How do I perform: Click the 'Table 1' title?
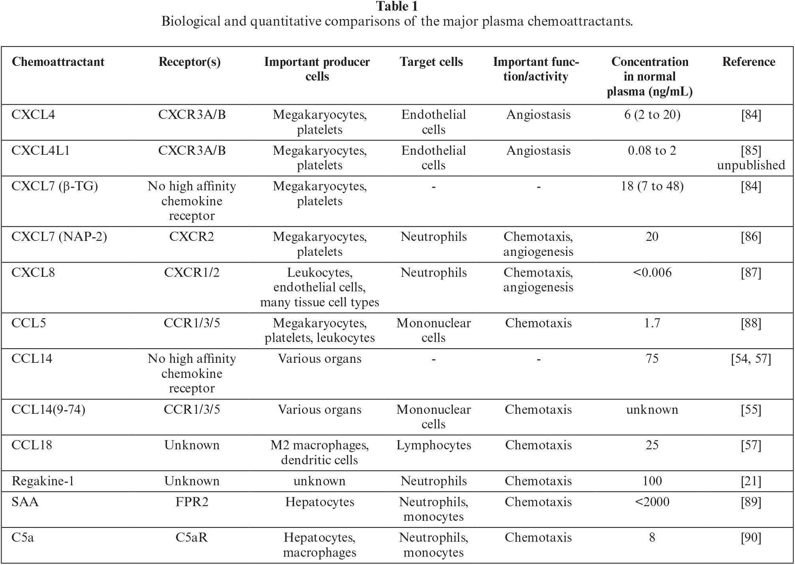[x=397, y=7]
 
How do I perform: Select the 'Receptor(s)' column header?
[x=189, y=62]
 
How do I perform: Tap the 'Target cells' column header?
[x=431, y=62]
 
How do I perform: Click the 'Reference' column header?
[x=748, y=62]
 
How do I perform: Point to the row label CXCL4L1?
[x=40, y=150]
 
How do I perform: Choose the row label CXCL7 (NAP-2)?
[x=59, y=237]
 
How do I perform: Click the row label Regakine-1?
[x=43, y=481]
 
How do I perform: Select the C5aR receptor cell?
[x=191, y=537]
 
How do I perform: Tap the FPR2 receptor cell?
[x=191, y=502]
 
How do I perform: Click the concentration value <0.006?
[x=652, y=272]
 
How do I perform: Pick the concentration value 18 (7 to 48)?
[x=652, y=186]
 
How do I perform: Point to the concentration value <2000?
[x=652, y=502]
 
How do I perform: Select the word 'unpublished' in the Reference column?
[x=751, y=165]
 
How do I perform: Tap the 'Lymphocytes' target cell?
[x=433, y=445]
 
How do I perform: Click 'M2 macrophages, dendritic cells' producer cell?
[x=319, y=452]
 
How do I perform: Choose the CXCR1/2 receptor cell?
[x=191, y=272]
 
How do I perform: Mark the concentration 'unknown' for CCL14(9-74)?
[x=652, y=409]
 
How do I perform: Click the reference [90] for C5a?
[x=751, y=537]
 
